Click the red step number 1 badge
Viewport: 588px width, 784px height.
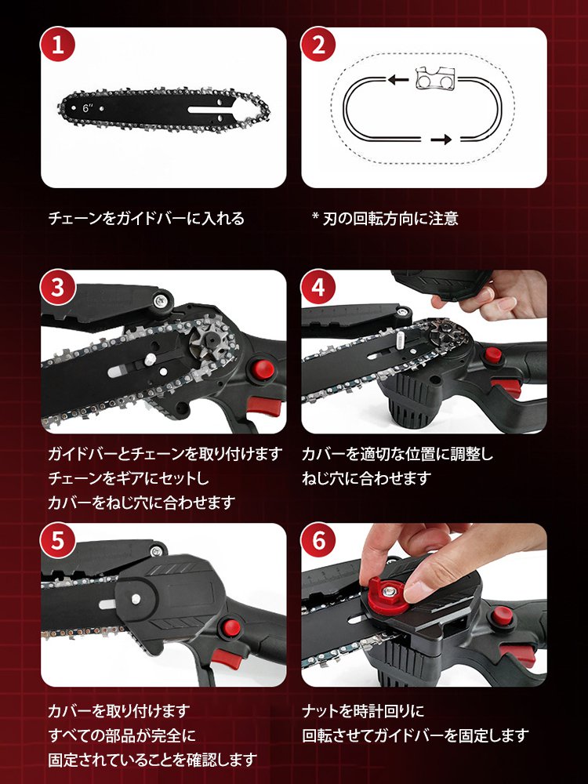pyautogui.click(x=57, y=45)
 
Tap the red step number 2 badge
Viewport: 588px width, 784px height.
pyautogui.click(x=318, y=45)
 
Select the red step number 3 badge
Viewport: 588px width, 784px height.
pyautogui.click(x=57, y=288)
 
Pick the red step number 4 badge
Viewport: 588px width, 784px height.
pyautogui.click(x=318, y=288)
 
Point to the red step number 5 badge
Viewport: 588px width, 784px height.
pyautogui.click(x=57, y=540)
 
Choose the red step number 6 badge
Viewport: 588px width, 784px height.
pyautogui.click(x=318, y=540)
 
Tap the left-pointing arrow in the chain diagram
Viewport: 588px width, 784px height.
pyautogui.click(x=398, y=79)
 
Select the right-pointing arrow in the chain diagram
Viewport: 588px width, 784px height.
pyautogui.click(x=441, y=140)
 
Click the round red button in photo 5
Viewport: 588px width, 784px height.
pyautogui.click(x=230, y=628)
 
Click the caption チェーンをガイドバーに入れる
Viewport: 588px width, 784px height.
pyautogui.click(x=146, y=219)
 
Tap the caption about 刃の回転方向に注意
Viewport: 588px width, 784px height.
pyautogui.click(x=385, y=219)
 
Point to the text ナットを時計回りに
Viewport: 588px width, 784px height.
pyautogui.click(x=363, y=710)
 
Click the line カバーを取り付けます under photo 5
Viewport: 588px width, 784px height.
pyautogui.click(x=119, y=710)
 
